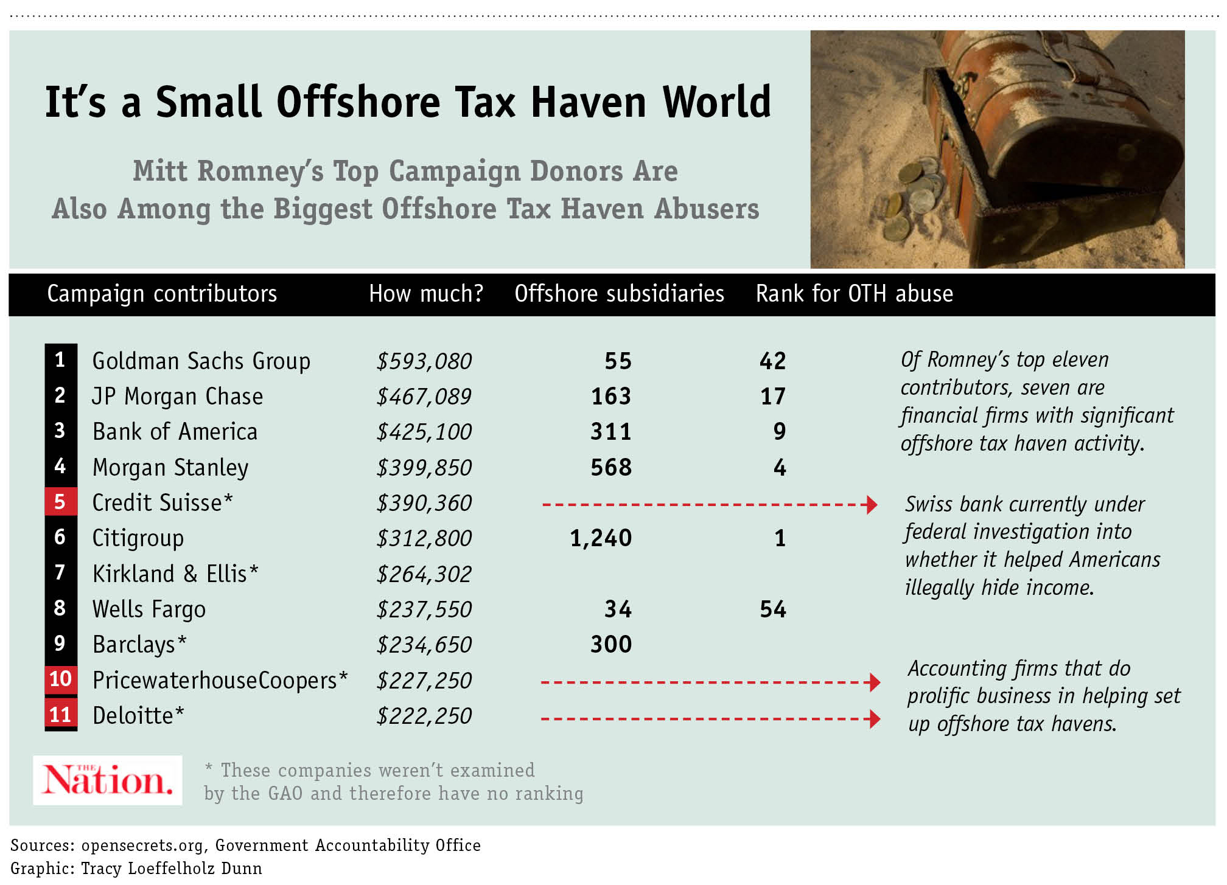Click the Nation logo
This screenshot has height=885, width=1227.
tap(108, 780)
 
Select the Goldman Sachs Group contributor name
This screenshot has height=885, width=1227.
tap(201, 361)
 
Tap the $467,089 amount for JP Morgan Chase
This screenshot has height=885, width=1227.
tap(424, 397)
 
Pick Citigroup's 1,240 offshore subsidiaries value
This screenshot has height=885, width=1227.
tap(601, 538)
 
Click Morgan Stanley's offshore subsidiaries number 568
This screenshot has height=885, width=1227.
tap(611, 467)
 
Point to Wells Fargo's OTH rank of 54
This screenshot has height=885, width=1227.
tap(773, 609)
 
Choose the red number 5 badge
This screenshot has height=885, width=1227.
tap(60, 502)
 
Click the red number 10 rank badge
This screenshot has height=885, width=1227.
tap(60, 679)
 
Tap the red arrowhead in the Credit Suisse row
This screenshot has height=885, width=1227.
tap(872, 504)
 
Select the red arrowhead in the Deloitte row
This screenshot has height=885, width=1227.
tap(875, 719)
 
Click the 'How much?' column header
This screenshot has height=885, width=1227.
tap(426, 294)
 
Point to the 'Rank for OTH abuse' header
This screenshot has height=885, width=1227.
tap(854, 294)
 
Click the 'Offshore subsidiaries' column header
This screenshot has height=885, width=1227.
tap(619, 294)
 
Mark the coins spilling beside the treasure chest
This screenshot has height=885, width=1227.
tap(913, 195)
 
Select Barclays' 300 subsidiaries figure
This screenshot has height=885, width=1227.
tap(611, 644)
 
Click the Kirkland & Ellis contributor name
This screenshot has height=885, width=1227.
tap(175, 574)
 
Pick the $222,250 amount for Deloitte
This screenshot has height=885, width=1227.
tap(424, 716)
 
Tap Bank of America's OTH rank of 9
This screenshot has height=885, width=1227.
tap(780, 432)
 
